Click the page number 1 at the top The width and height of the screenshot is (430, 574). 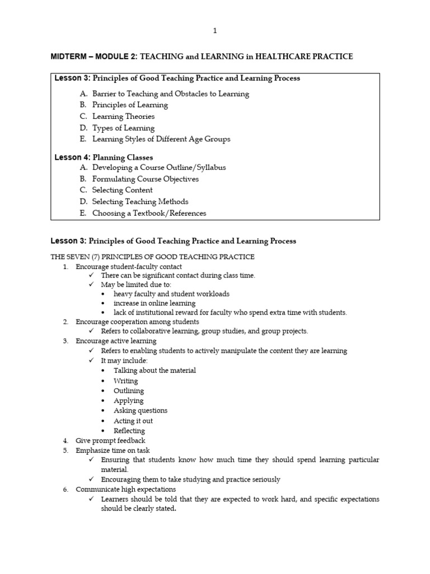pos(215,31)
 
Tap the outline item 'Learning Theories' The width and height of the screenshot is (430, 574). pos(123,117)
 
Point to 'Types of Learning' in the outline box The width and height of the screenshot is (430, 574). pos(123,128)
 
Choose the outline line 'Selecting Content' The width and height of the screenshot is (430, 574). pos(122,190)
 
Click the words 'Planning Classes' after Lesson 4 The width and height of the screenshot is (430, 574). pos(123,158)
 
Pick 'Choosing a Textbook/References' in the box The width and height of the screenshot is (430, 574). pos(149,213)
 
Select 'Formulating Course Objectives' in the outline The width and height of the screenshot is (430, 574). pos(145,179)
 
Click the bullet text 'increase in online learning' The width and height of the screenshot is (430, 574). pos(155,303)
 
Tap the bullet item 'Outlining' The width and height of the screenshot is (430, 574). pos(129,391)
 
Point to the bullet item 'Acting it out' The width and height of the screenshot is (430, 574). pos(133,421)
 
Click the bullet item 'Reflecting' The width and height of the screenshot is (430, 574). pos(129,431)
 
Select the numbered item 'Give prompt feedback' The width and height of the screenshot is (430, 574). pos(110,441)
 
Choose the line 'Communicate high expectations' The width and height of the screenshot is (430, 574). pos(121,489)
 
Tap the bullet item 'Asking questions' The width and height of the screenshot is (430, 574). pos(140,411)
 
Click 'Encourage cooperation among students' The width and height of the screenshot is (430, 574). pos(137,322)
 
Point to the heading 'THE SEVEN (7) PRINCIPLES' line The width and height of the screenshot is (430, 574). pos(152,257)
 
